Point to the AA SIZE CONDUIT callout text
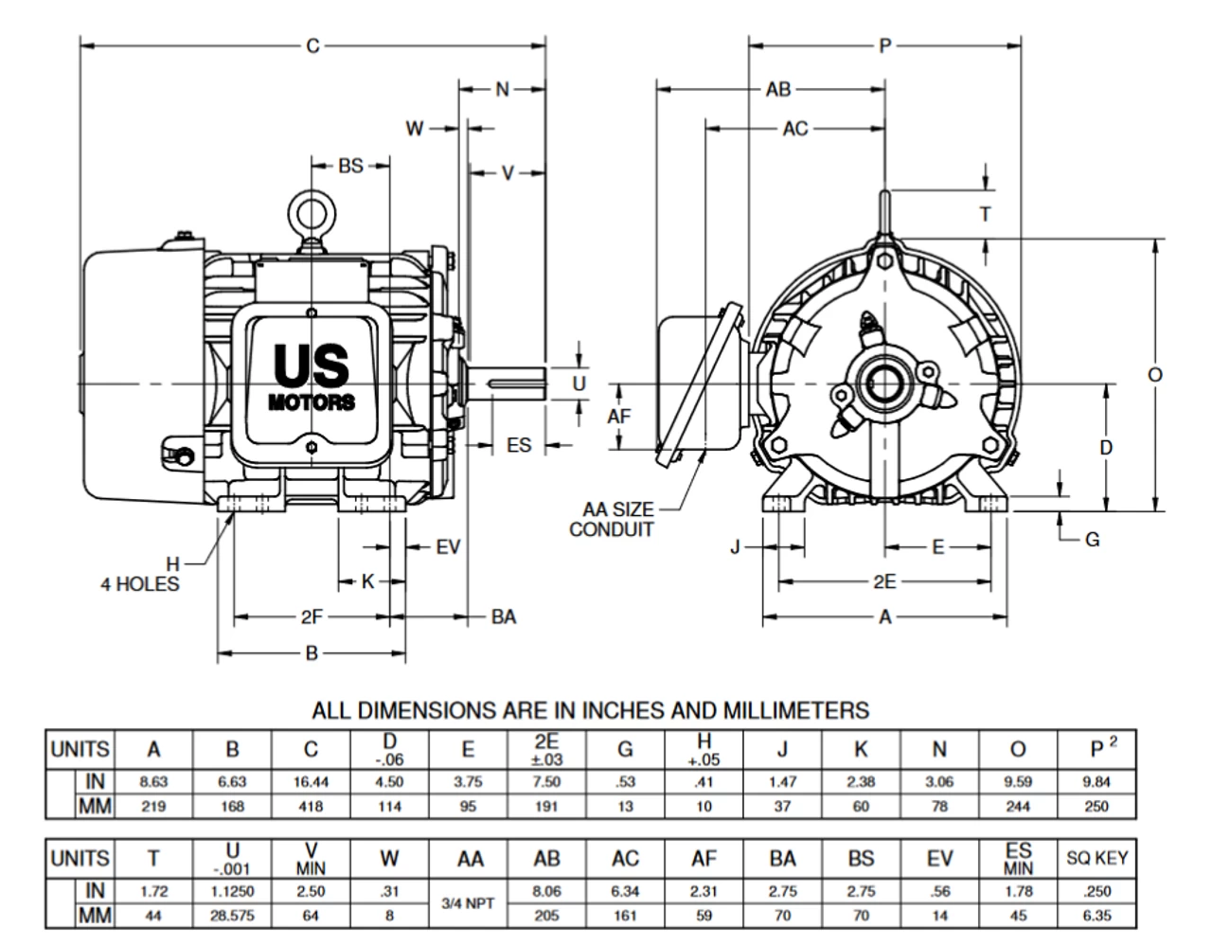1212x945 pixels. [612, 520]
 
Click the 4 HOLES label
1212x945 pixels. [140, 584]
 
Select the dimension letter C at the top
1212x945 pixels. [312, 45]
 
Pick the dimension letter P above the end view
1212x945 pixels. [885, 45]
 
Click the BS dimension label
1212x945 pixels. [350, 166]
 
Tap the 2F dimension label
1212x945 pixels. [312, 617]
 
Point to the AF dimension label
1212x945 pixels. [619, 416]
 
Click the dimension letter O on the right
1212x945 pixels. [1155, 375]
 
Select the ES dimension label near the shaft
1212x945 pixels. [519, 444]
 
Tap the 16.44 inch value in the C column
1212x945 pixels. [311, 782]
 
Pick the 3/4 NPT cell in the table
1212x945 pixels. [469, 903]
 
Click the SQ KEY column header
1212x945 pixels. [1096, 859]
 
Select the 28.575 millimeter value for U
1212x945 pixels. [232, 916]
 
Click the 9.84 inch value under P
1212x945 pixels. [1096, 782]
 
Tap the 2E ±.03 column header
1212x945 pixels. [546, 748]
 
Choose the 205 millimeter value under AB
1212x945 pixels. [546, 916]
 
